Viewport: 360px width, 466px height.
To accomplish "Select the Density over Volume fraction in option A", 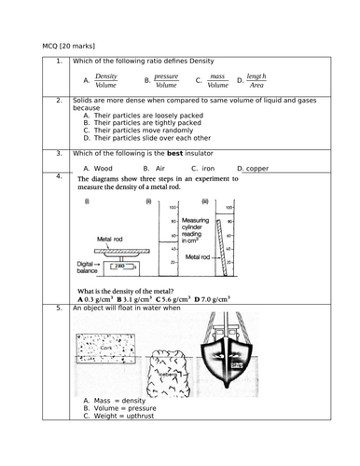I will [x=105, y=80].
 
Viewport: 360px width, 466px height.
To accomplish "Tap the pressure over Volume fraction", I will [x=166, y=80].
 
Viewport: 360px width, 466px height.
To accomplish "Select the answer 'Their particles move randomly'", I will [x=143, y=130].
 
